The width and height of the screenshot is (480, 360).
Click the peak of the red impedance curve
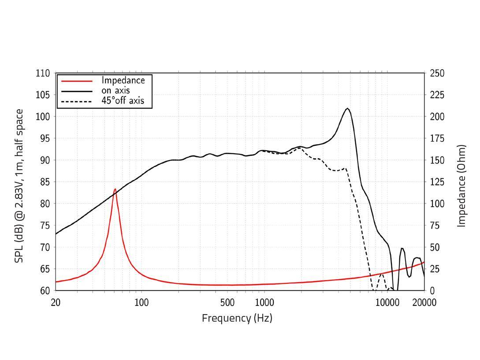pos(115,189)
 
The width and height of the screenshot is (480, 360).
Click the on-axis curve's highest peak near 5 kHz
pos(348,108)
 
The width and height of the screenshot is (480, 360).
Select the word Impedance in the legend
pos(123,80)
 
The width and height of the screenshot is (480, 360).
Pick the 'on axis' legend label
pos(115,90)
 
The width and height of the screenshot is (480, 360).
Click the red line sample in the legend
pos(77,81)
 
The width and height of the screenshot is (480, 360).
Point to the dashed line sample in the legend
pos(77,101)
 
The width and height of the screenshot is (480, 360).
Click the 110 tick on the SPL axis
pos(43,73)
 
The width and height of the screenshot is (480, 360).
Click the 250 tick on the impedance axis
pos(437,73)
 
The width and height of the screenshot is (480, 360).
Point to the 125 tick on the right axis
pos(437,182)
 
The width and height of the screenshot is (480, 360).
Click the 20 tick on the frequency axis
pos(56,303)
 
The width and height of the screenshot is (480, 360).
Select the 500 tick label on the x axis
pos(227,303)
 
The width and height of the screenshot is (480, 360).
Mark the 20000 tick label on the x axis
pos(424,303)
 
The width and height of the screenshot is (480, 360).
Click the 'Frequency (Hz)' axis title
pos(237,318)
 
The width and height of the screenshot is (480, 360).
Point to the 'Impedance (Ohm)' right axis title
pos(461,186)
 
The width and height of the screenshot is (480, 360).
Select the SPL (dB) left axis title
pos(19,186)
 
